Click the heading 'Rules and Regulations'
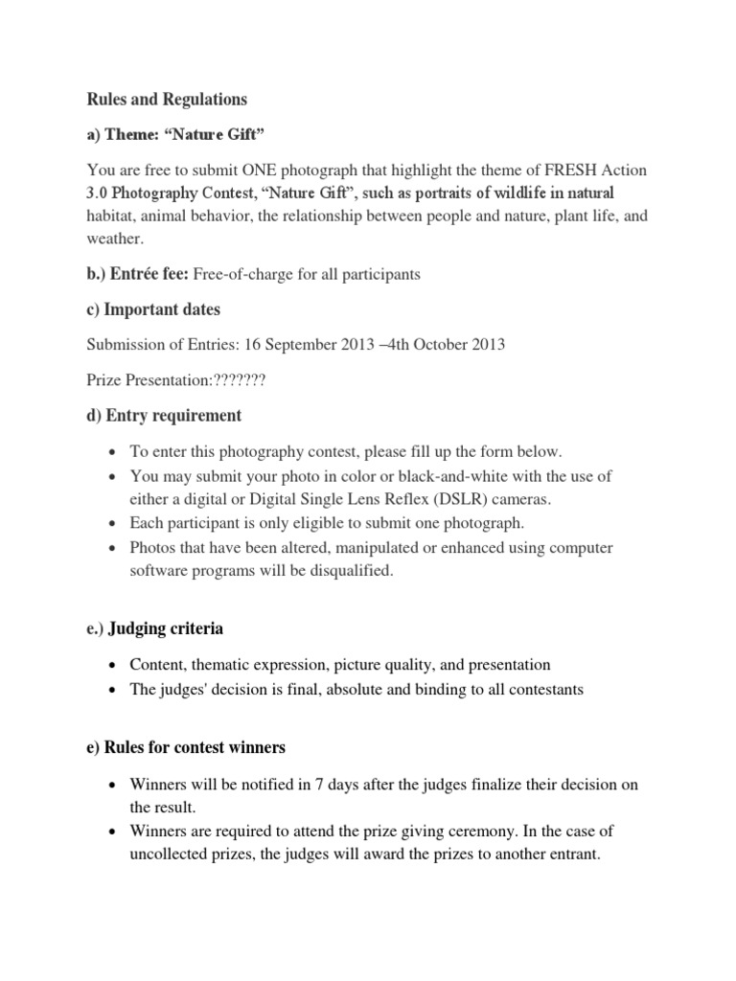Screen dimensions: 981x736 click(x=167, y=100)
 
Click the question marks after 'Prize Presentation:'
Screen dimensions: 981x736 click(x=237, y=380)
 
